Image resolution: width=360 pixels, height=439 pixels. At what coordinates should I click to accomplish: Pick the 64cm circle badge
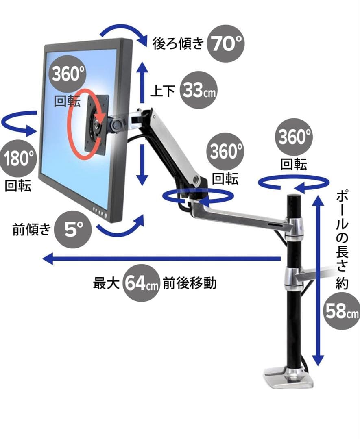pos(141,283)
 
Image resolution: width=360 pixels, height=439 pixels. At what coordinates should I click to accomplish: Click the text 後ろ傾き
pos(177,44)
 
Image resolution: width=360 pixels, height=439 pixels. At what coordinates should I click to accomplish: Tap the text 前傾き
pos(32,230)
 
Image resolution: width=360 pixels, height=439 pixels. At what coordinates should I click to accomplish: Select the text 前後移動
pos(189,283)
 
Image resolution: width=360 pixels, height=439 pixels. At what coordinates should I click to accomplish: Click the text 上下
pos(163,91)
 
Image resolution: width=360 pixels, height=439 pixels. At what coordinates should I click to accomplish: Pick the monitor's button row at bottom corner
pos(100,211)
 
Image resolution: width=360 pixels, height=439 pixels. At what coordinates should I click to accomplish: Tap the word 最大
pos(106,283)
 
